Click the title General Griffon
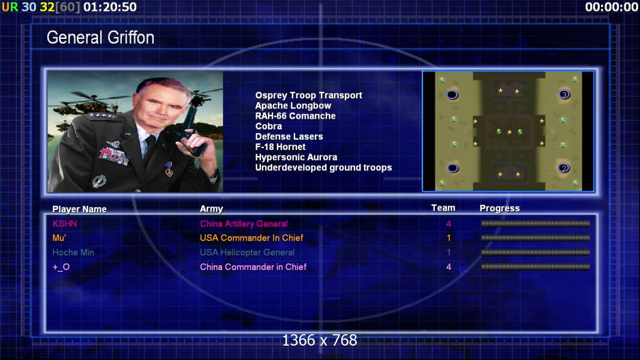[x=100, y=38]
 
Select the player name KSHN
[x=65, y=224]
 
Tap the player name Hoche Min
[x=73, y=252]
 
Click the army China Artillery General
[x=244, y=224]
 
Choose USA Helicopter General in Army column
[x=247, y=252]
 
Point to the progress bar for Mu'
[x=535, y=238]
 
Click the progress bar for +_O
[x=535, y=267]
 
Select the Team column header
[x=443, y=208]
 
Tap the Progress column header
[x=500, y=208]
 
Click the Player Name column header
[x=79, y=209]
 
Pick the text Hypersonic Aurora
[x=296, y=157]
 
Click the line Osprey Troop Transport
[x=308, y=95]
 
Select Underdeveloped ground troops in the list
[x=323, y=167]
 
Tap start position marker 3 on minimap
[x=564, y=95]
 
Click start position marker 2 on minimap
[x=564, y=168]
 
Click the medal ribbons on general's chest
[x=113, y=155]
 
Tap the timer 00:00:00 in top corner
[x=611, y=7]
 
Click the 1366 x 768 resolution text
[x=320, y=340]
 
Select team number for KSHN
[x=449, y=224]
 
